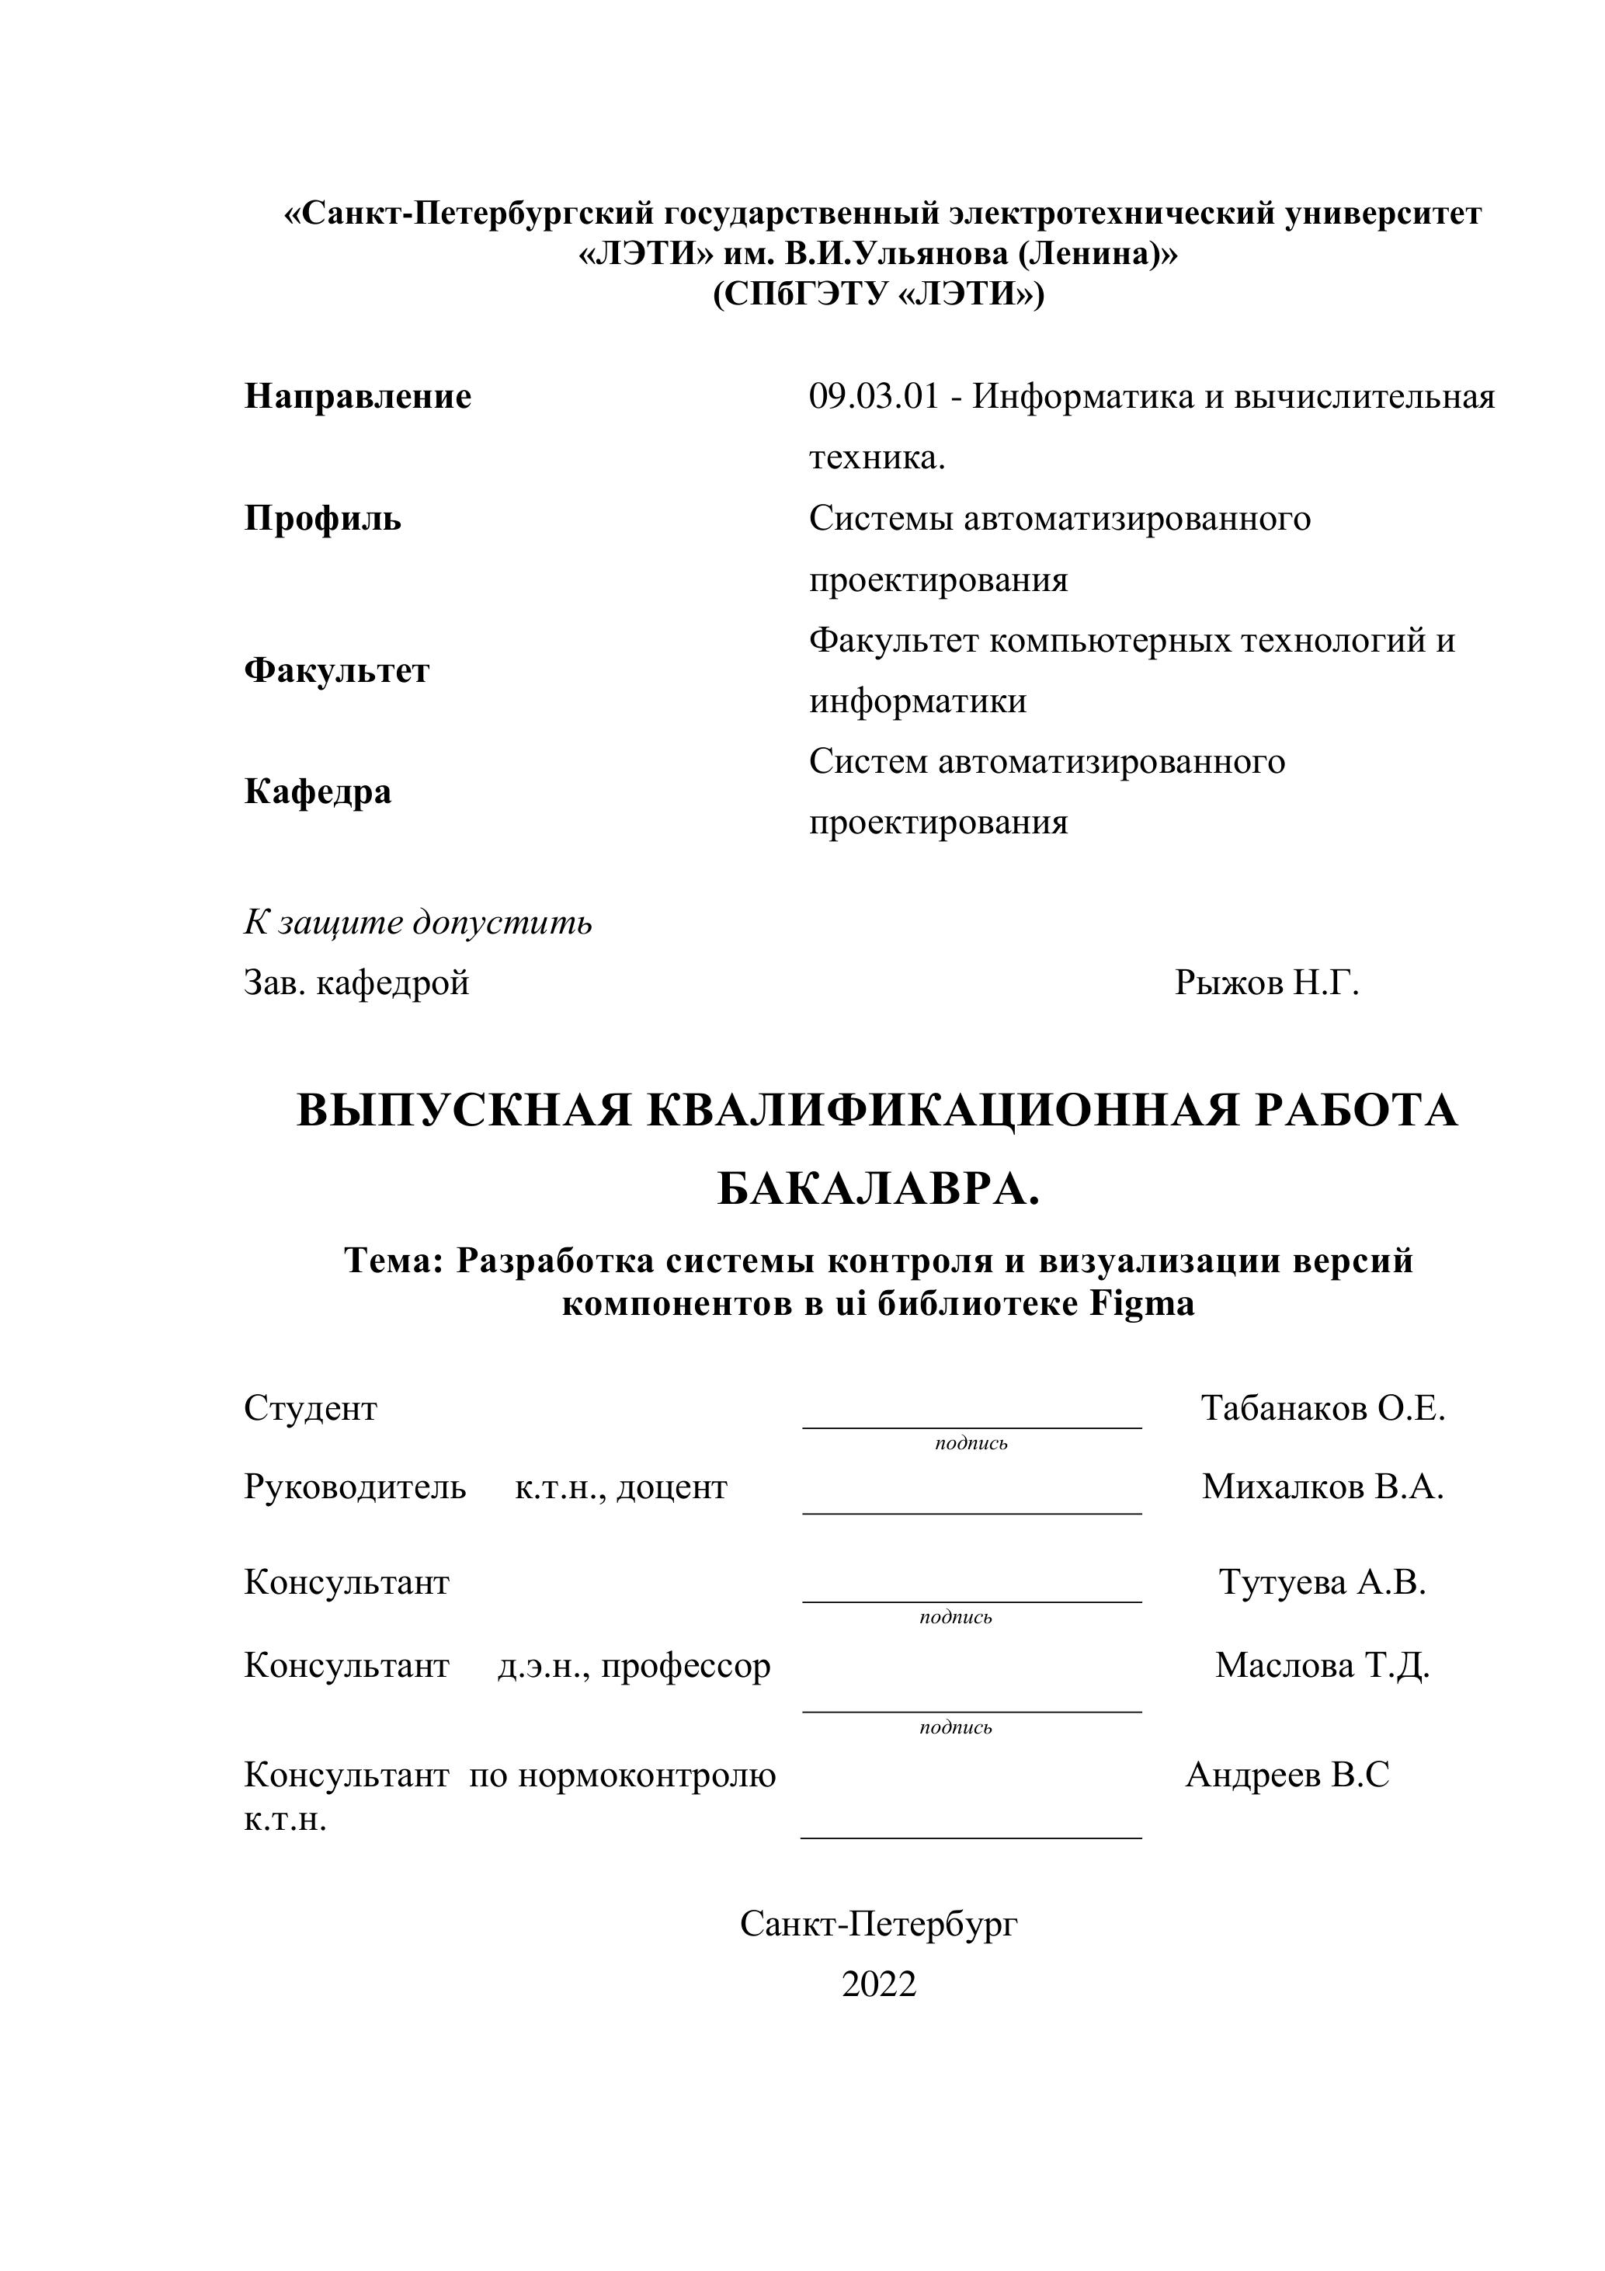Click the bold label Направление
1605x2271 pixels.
pos(357,397)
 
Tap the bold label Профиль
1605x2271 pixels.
pos(322,518)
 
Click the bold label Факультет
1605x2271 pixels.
pos(336,670)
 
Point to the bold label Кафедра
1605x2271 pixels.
pos(318,791)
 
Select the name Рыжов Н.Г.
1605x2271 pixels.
pos(1266,982)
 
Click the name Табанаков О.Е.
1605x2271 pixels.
pos(1322,1407)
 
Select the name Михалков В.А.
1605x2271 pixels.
pos(1322,1487)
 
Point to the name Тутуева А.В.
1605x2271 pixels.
pos(1322,1581)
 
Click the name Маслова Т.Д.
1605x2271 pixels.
pos(1322,1666)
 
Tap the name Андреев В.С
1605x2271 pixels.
pos(1287,1775)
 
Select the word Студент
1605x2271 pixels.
pos(311,1407)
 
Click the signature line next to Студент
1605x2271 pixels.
pos(971,1426)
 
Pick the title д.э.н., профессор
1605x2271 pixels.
pos(634,1666)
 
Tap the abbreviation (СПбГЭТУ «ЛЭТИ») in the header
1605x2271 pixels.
pos(878,295)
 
